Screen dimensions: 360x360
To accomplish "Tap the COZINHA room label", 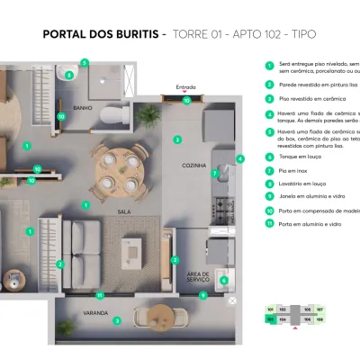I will [194, 166].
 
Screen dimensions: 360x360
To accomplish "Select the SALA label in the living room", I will [124, 211].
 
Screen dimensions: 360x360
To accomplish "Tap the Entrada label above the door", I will [187, 87].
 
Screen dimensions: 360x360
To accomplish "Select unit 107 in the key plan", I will [319, 309].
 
